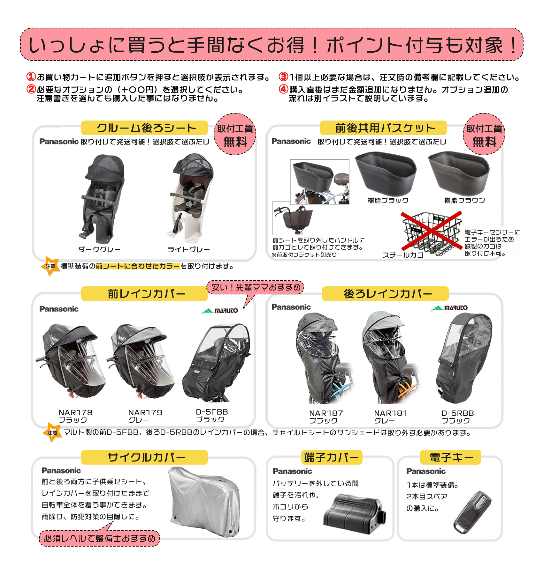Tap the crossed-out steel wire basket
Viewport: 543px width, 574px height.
click(x=432, y=233)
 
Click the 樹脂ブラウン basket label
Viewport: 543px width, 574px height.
click(x=465, y=200)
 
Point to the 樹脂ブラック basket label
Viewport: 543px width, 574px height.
click(x=388, y=200)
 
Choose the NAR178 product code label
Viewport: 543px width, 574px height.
click(x=76, y=413)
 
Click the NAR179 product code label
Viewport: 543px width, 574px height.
click(x=145, y=413)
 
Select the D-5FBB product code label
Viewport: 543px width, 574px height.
click(x=212, y=412)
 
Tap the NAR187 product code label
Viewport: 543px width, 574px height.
click(x=326, y=413)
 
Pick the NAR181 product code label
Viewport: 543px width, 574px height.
click(x=391, y=413)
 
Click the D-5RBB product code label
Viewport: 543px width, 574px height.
click(x=457, y=413)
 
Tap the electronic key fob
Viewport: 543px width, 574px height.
click(x=472, y=512)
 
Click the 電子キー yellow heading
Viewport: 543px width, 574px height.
click(x=451, y=457)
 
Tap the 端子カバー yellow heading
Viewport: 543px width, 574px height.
click(x=332, y=457)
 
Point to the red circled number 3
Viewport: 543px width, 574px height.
click(x=283, y=77)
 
